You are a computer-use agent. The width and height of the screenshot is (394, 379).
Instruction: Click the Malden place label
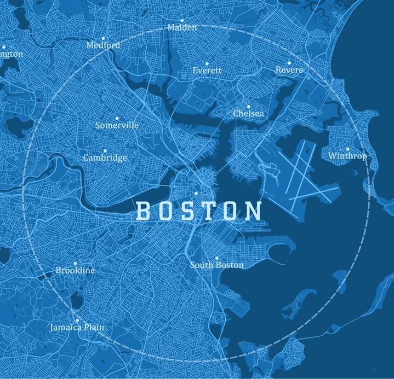point(181,27)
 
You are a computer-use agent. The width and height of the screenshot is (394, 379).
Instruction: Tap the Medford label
point(103,45)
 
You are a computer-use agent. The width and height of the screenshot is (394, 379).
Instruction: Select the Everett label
point(207,71)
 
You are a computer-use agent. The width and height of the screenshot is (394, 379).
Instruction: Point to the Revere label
point(289,70)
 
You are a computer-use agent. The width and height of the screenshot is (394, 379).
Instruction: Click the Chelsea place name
point(248,114)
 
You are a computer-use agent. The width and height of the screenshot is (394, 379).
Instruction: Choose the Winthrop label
point(347,156)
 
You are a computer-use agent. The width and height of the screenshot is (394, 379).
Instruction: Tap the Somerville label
point(117,125)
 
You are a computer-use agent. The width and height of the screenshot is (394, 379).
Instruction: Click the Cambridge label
point(105,158)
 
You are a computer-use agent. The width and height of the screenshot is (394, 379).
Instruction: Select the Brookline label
point(75,271)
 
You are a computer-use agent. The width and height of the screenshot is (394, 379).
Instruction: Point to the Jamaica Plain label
point(77,328)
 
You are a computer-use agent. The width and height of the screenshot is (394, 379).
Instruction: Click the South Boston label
point(216,265)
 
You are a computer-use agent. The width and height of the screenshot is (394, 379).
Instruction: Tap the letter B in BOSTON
point(143,211)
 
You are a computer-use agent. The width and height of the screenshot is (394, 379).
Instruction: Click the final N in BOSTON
point(253,211)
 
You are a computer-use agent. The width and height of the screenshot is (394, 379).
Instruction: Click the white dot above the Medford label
point(103,38)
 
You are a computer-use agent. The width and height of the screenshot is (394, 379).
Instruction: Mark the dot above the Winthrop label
point(347,148)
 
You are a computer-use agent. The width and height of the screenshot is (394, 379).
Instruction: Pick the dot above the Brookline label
point(75,263)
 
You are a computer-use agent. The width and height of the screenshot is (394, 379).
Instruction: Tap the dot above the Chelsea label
point(248,106)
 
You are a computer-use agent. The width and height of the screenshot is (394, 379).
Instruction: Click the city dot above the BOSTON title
point(196,193)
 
